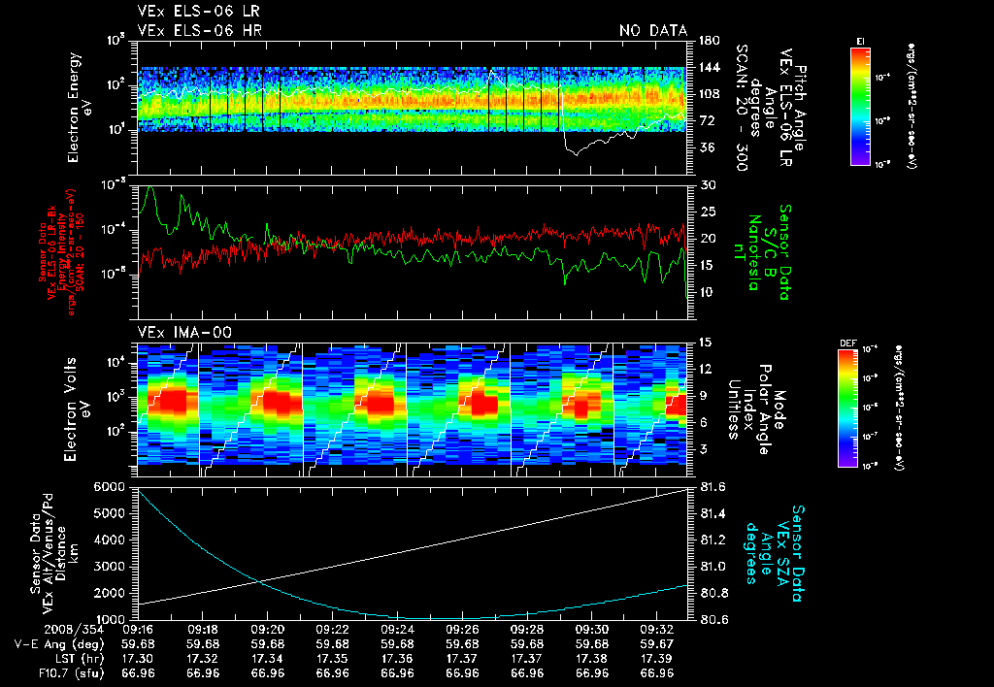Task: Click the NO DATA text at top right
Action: pos(652,30)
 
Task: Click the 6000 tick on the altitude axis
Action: pos(110,485)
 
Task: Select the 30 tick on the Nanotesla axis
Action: pos(706,184)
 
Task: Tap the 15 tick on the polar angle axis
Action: pos(705,342)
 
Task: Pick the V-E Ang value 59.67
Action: pos(658,643)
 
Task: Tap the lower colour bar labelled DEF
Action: pos(846,407)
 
